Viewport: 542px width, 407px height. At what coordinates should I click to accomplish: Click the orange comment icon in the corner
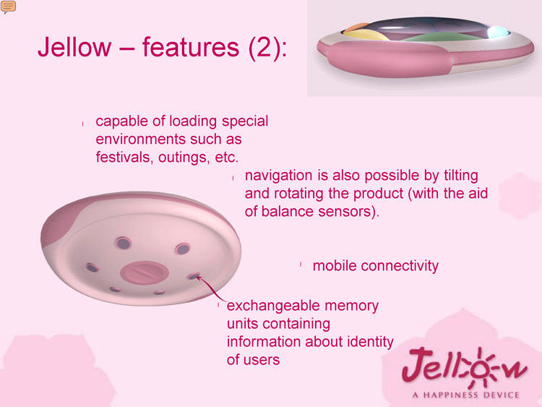[8, 7]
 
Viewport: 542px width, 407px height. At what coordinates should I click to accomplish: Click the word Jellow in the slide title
[74, 47]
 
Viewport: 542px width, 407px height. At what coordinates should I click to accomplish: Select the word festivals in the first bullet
[123, 157]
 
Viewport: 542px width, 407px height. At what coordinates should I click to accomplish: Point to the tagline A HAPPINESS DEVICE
[466, 395]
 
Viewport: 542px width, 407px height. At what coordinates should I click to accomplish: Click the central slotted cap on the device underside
[145, 273]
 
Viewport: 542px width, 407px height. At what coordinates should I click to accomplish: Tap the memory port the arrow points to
[194, 276]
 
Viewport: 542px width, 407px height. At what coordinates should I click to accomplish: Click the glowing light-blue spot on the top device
[496, 32]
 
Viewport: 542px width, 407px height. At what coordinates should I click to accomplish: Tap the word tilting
[461, 176]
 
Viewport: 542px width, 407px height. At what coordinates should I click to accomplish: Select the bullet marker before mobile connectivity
[301, 265]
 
